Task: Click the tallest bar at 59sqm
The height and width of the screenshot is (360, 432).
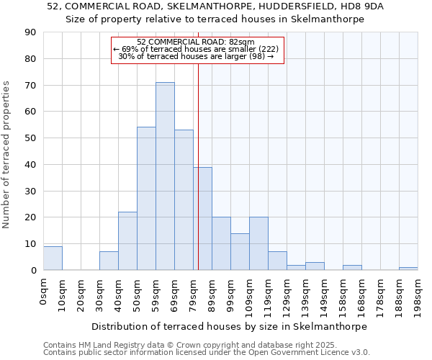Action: click(x=165, y=176)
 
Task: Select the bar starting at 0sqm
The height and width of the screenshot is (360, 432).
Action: click(x=53, y=258)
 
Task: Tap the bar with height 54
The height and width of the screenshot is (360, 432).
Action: click(x=146, y=199)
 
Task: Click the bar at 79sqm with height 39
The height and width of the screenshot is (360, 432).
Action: click(x=202, y=218)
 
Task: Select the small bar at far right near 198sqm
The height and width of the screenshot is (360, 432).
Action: click(x=408, y=269)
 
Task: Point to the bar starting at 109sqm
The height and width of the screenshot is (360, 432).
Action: click(x=258, y=243)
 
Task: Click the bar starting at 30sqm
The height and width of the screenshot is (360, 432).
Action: click(x=109, y=261)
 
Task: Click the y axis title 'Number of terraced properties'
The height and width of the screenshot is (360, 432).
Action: click(x=7, y=155)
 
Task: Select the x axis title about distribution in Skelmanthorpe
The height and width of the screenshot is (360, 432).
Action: click(x=229, y=326)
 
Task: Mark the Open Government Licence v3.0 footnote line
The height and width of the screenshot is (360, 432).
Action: click(x=207, y=352)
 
